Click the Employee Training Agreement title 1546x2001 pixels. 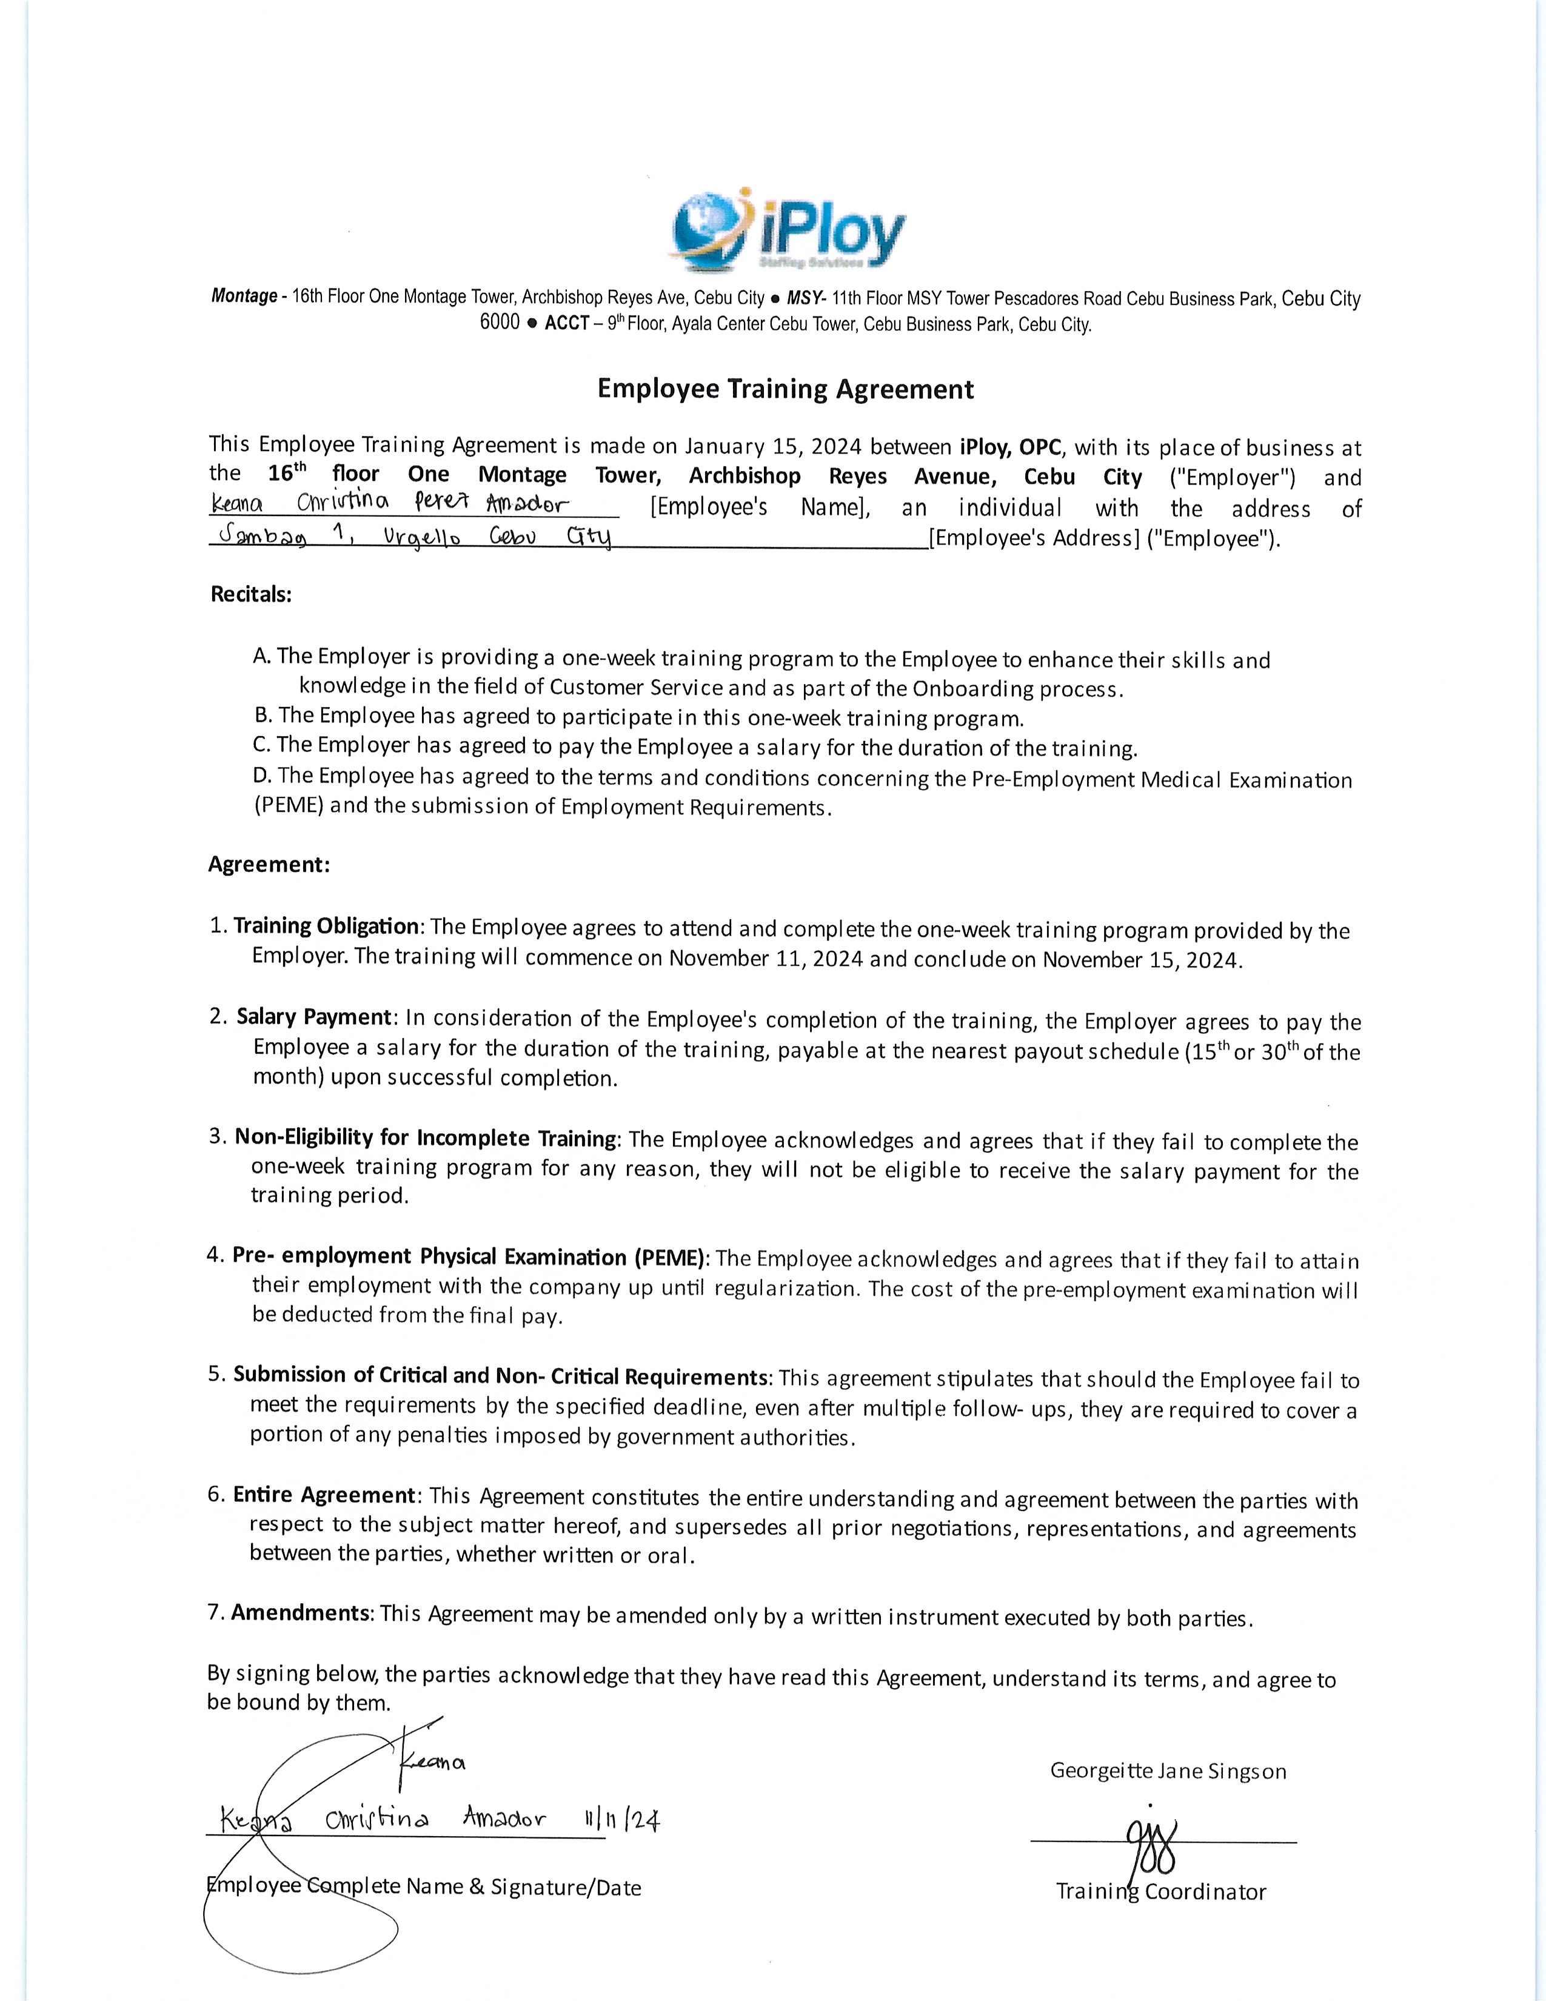point(785,389)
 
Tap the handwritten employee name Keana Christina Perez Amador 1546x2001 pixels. point(389,503)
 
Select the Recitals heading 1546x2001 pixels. point(251,594)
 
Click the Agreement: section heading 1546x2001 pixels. point(269,864)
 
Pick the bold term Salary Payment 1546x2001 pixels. point(314,1016)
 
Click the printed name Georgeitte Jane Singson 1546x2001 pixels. point(1168,1771)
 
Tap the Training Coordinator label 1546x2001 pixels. point(1160,1891)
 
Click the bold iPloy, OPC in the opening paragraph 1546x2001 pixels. point(1010,447)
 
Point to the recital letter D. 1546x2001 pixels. point(262,776)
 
